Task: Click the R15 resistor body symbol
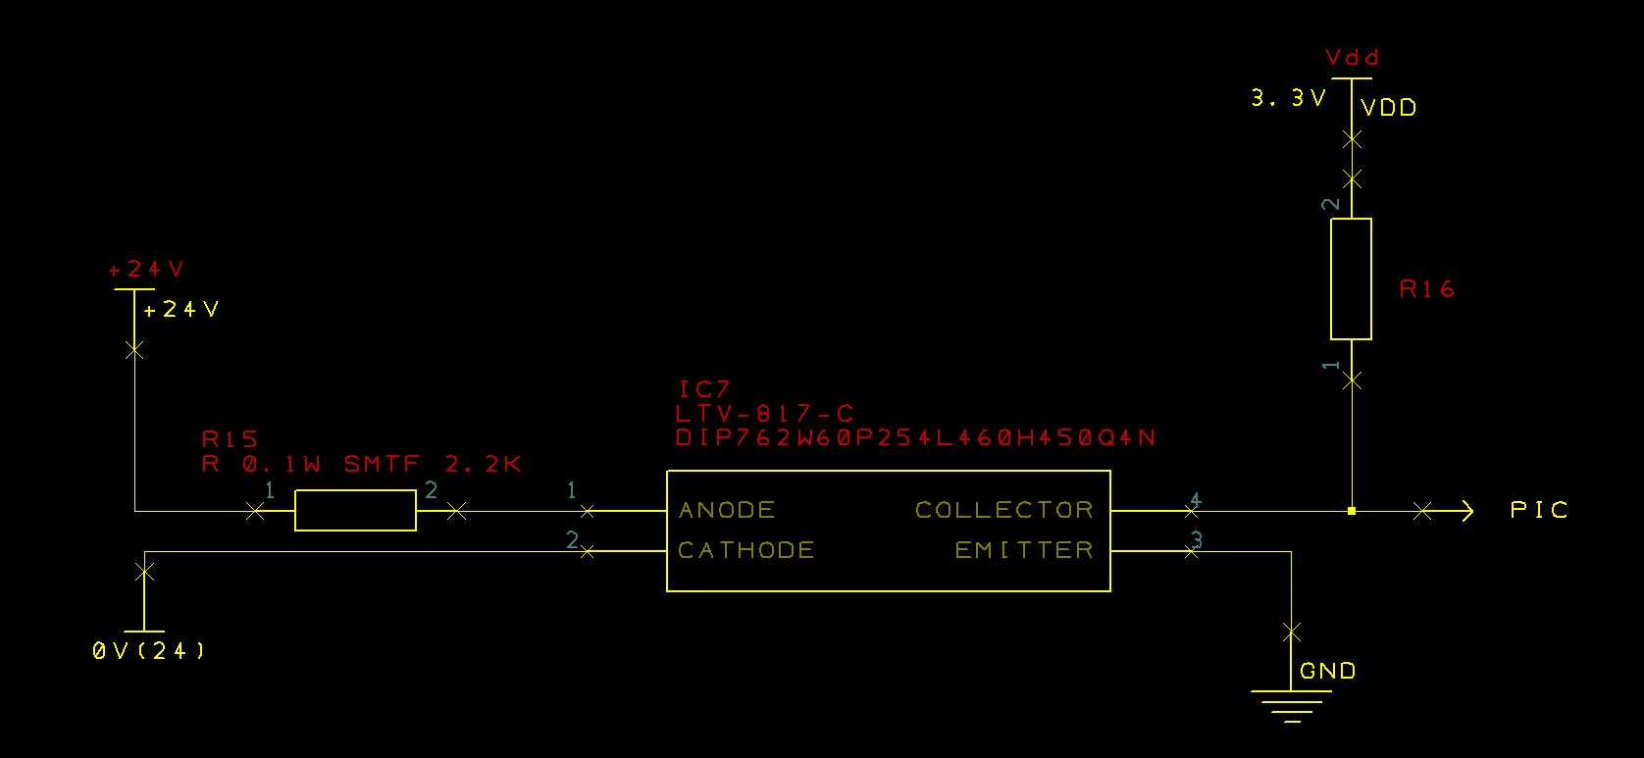pos(355,511)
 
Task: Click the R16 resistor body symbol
pos(1351,278)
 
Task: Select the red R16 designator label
pos(1427,289)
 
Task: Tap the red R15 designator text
pos(230,438)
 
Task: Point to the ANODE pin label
pos(727,510)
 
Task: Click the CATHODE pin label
pos(745,550)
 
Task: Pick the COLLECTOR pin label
pos(1003,510)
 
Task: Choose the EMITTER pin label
pos(1024,550)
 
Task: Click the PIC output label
pos(1539,510)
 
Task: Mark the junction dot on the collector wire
pos(1351,511)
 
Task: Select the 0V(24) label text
pos(149,650)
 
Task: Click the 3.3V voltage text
pos(1289,98)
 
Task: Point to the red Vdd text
pos(1353,57)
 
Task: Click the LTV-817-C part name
pos(765,414)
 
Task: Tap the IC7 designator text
pos(704,390)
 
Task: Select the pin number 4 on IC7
pos(1195,500)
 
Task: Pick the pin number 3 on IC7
pos(1196,539)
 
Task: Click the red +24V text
pos(146,270)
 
